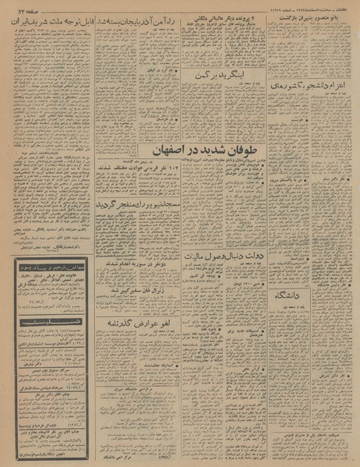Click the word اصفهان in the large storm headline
[x=188, y=154]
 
